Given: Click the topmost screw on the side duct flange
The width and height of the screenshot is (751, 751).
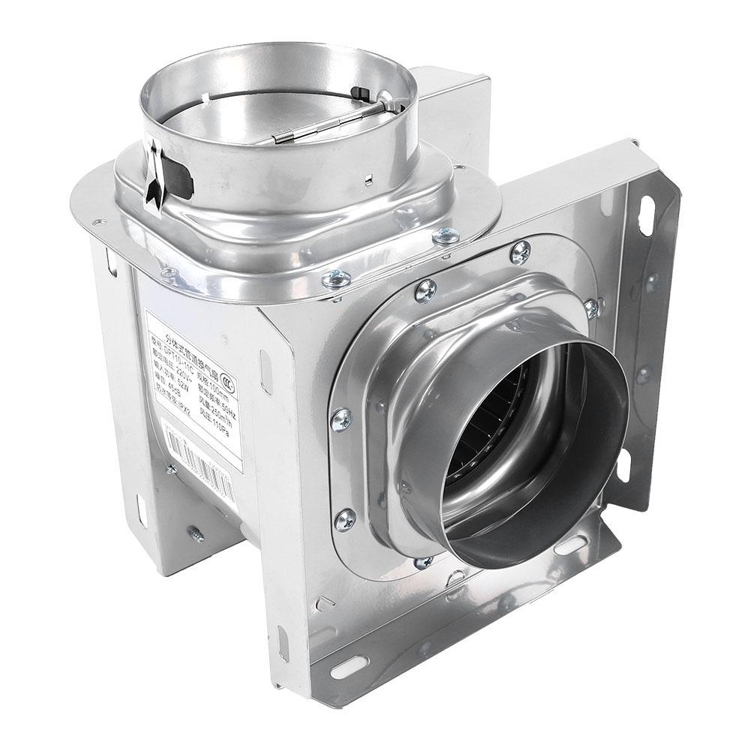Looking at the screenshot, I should pos(520,251).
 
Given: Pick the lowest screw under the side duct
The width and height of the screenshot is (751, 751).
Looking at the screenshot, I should pos(422,560).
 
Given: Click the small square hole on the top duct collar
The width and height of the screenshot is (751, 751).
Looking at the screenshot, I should pos(370,179).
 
